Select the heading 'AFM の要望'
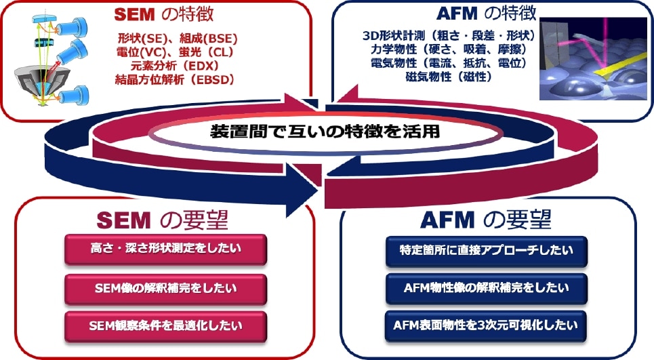pos(486,220)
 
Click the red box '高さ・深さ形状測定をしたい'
pos(166,249)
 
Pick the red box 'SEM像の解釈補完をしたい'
pos(166,288)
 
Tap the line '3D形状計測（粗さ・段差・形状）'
pos(448,35)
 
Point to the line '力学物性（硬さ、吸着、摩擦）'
pos(448,49)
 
